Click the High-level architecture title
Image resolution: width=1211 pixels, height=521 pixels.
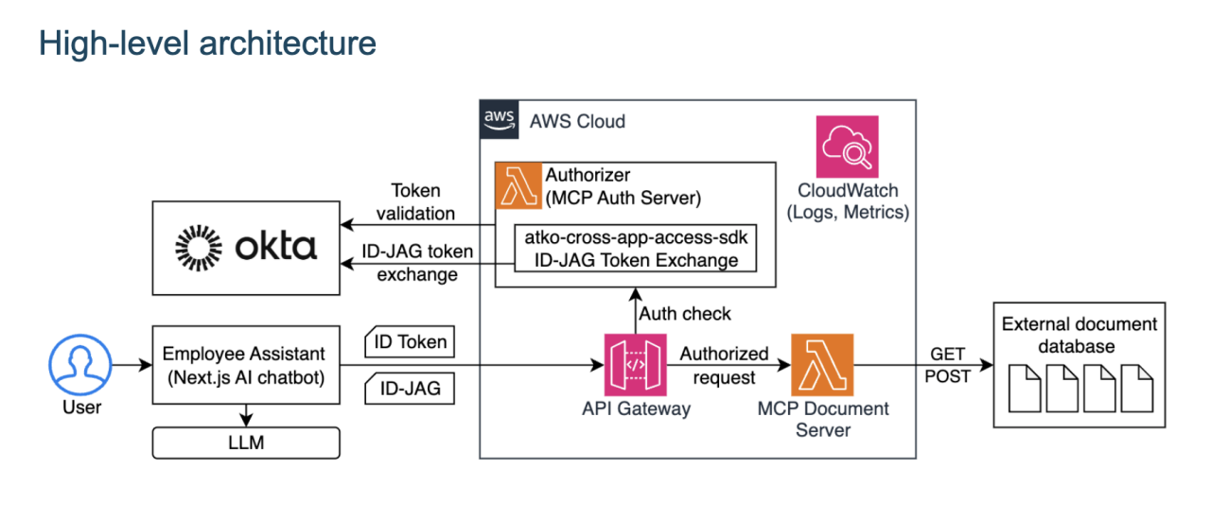[207, 43]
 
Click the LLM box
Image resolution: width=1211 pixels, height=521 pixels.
[245, 443]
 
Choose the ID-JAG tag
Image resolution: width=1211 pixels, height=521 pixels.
[408, 388]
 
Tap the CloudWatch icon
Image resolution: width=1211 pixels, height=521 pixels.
[848, 147]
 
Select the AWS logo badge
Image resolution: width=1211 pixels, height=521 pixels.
[499, 120]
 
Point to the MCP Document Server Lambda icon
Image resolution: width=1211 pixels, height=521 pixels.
[822, 365]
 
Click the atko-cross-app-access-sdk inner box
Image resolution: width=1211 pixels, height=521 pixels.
[635, 249]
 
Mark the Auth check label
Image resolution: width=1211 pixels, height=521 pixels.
[685, 313]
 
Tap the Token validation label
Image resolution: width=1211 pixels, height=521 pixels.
[416, 201]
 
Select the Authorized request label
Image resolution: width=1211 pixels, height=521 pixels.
[724, 366]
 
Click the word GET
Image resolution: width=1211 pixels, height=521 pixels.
[948, 354]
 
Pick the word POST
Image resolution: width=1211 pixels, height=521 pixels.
[948, 376]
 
